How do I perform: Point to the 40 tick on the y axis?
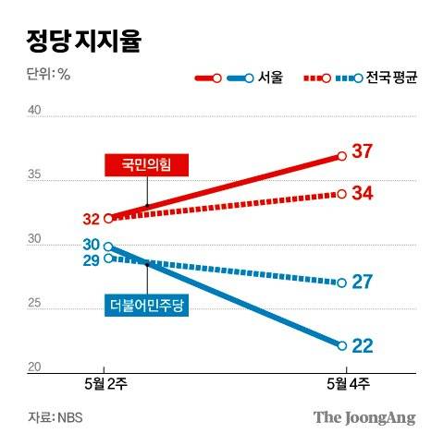coord(35,112)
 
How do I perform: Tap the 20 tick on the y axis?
coord(35,368)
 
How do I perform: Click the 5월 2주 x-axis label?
coord(104,385)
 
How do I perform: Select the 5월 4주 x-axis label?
coord(342,385)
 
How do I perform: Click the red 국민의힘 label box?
coord(147,165)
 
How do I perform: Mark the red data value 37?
coord(363,152)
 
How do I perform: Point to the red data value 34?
coord(363,194)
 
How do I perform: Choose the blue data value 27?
coord(363,283)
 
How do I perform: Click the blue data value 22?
coord(363,345)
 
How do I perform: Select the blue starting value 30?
coord(91,245)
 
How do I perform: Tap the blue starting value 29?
coord(91,261)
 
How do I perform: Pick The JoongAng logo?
coord(364,416)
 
